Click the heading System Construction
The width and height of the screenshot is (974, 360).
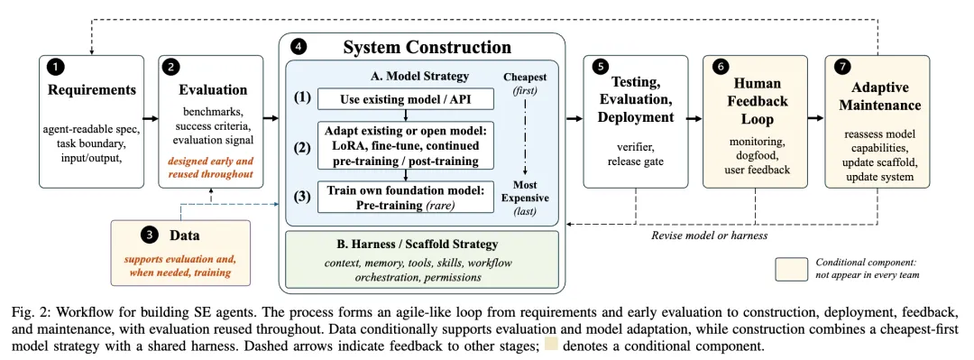[x=427, y=48]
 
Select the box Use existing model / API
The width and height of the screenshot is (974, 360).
[x=406, y=99]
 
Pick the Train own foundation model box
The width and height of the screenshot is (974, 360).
[x=406, y=197]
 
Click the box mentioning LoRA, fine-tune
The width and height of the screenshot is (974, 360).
[x=406, y=145]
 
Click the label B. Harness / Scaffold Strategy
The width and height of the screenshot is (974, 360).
[x=422, y=245]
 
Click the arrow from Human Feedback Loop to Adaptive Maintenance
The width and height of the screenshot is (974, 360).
[x=816, y=117]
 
